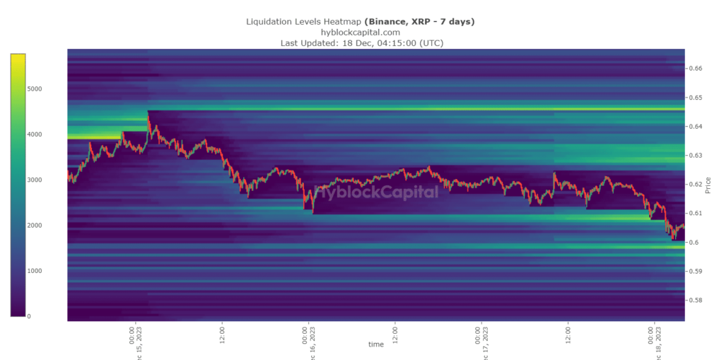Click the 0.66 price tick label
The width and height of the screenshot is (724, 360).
tap(696, 69)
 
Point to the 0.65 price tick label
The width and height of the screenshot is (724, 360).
tap(696, 98)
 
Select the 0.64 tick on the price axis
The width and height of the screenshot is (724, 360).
tap(696, 127)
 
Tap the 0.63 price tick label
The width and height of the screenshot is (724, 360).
tap(696, 156)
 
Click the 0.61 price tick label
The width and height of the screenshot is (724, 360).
tap(696, 214)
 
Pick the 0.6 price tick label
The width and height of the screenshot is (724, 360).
tap(694, 243)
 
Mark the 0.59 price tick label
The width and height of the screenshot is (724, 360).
tap(696, 272)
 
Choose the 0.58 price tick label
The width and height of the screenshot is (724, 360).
tap(696, 301)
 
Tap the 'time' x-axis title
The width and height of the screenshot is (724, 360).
tap(375, 344)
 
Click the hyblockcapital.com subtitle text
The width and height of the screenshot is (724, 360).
tap(361, 32)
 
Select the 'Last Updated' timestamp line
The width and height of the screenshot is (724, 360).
tap(362, 43)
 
